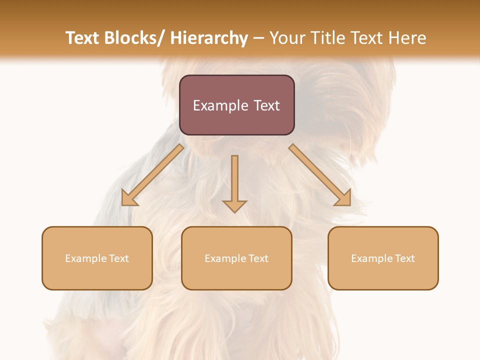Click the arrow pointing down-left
[x=152, y=175]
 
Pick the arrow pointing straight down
[x=234, y=182]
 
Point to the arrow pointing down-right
[x=319, y=174]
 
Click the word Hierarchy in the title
[x=209, y=38]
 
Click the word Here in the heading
[x=408, y=38]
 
